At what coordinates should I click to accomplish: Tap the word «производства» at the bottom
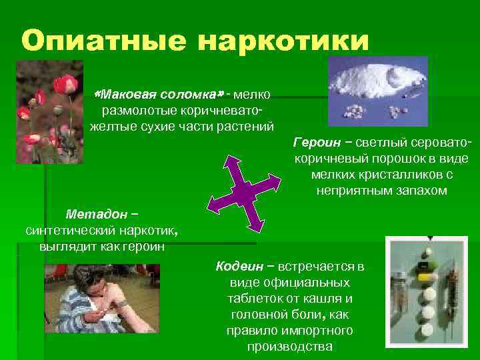pyautogui.click(x=289, y=347)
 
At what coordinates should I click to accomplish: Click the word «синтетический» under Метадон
pyautogui.click(x=67, y=230)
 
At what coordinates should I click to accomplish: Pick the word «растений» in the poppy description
pyautogui.click(x=247, y=125)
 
